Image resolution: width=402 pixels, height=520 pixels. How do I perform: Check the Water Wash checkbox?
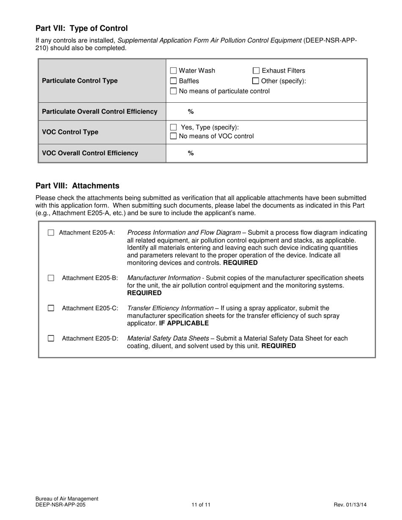(173, 71)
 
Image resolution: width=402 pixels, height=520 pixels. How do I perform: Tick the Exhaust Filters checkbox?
(256, 71)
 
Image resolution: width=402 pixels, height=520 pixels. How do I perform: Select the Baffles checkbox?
(173, 81)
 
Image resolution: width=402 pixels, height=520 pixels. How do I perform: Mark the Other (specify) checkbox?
(256, 81)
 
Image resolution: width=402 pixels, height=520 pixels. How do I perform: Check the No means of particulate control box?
(173, 91)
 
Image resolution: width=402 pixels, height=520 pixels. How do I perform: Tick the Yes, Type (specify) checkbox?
(173, 127)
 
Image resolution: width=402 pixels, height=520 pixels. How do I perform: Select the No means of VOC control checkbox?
(173, 136)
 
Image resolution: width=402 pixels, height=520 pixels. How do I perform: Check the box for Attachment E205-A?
(51, 233)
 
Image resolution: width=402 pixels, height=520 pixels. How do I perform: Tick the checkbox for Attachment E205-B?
(51, 278)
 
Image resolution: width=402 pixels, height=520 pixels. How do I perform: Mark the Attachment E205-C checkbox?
(51, 308)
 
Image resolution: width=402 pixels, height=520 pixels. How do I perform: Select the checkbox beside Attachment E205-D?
(51, 338)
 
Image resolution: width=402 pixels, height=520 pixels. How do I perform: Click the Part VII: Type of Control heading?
(81, 28)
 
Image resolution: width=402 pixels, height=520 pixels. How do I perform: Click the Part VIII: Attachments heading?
(77, 186)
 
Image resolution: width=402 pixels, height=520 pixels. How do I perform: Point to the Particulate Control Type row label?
(80, 81)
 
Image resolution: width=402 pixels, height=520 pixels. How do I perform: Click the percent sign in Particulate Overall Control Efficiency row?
(191, 111)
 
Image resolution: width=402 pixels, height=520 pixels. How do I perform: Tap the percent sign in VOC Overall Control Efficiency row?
(191, 153)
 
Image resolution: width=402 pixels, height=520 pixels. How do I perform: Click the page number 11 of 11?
(201, 504)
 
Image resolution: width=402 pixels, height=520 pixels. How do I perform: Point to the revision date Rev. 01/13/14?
(350, 504)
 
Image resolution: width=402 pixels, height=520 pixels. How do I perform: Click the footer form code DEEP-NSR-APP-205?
(63, 504)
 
